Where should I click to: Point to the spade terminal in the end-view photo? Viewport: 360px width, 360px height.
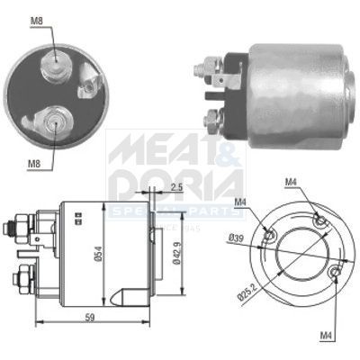click(x=88, y=87)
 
